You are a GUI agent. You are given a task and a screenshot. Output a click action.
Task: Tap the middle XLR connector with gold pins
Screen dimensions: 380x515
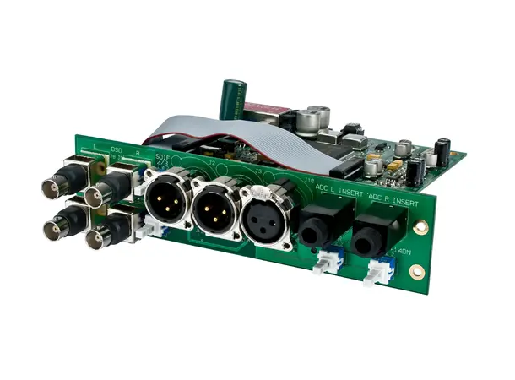[x=217, y=209]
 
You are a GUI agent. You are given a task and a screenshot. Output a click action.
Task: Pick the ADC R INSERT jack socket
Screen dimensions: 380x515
[x=377, y=237]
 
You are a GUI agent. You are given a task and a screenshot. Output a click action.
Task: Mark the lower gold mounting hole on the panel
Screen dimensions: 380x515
[x=416, y=272]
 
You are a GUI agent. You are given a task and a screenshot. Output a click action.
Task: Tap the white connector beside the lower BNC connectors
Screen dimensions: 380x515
[x=150, y=226]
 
